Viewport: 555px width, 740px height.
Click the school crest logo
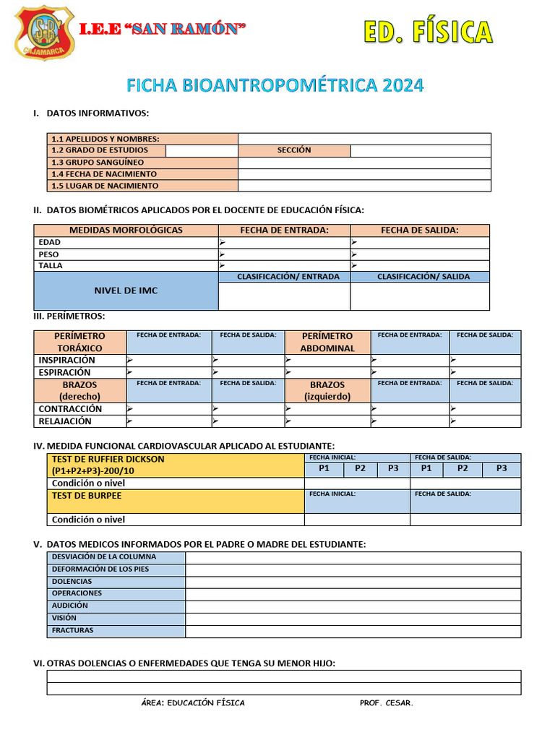click(x=45, y=33)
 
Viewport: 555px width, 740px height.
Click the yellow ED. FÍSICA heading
click(x=427, y=33)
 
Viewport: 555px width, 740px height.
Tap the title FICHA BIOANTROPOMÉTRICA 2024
click(x=275, y=85)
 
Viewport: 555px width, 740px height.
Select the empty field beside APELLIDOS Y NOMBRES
click(x=364, y=139)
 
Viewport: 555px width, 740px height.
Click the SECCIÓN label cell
click(x=294, y=150)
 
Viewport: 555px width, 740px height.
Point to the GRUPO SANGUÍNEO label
click(x=98, y=163)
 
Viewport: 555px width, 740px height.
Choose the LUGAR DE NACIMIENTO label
click(x=105, y=186)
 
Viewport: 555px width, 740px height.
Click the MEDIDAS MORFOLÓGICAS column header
click(x=126, y=231)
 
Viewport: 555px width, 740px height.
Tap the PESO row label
click(x=49, y=254)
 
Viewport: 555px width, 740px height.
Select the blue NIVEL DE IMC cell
click(x=126, y=291)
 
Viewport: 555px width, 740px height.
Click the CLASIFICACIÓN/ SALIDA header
click(x=423, y=277)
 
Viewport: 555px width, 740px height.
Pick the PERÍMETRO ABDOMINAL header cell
click(x=327, y=342)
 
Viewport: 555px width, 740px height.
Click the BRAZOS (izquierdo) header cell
click(x=327, y=390)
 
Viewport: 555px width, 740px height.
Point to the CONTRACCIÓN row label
click(x=70, y=408)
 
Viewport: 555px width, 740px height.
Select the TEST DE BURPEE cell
click(x=176, y=501)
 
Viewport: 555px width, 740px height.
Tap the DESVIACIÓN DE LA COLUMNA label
click(x=104, y=557)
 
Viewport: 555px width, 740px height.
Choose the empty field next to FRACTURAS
click(x=353, y=631)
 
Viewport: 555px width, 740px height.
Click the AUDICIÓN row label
click(x=70, y=606)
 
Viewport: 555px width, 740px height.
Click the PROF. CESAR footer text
click(x=387, y=703)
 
